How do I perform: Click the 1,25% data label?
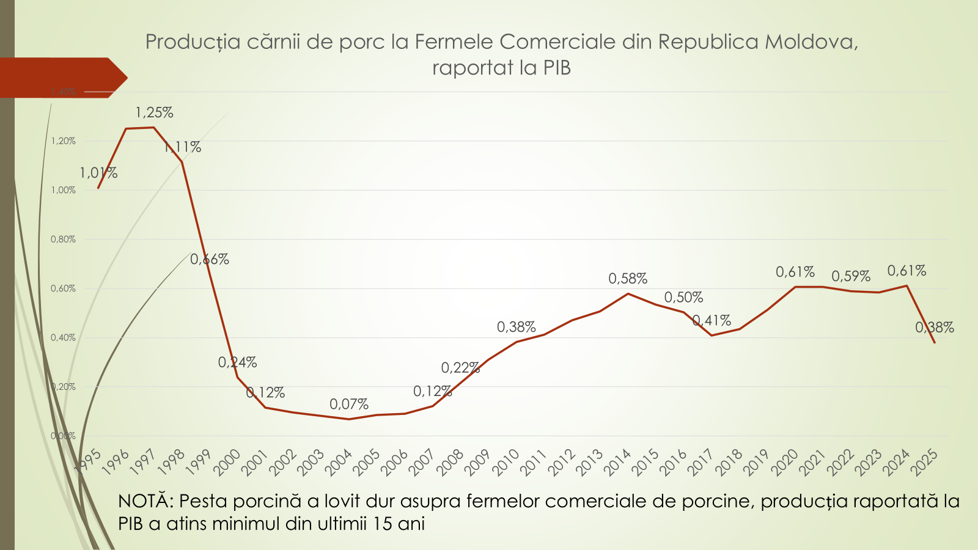pyautogui.click(x=154, y=112)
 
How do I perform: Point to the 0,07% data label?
pyautogui.click(x=349, y=404)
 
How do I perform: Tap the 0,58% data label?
pyautogui.click(x=628, y=279)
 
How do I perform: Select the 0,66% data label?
pyautogui.click(x=210, y=259)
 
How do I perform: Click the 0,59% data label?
pyautogui.click(x=851, y=276)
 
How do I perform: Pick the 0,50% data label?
pyautogui.click(x=683, y=298)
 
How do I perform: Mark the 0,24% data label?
pyautogui.click(x=237, y=362)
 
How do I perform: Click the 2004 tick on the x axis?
pyautogui.click(x=338, y=462)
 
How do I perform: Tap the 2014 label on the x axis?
pyautogui.click(x=617, y=462)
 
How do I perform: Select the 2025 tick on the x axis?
pyautogui.click(x=924, y=462)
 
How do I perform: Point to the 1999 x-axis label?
pyautogui.click(x=199, y=462)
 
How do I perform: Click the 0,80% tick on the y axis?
pyautogui.click(x=63, y=240)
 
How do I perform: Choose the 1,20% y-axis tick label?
pyautogui.click(x=63, y=141)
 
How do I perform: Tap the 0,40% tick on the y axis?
pyautogui.click(x=63, y=337)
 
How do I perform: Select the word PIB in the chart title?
pyautogui.click(x=557, y=67)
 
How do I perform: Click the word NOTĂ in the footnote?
pyautogui.click(x=145, y=501)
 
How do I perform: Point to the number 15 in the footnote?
pyautogui.click(x=383, y=524)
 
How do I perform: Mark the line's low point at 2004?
pyautogui.click(x=349, y=419)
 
